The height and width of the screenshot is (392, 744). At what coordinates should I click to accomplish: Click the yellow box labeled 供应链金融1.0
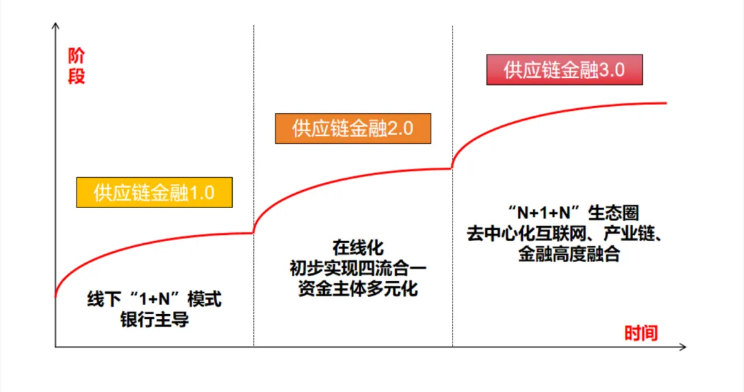(x=154, y=192)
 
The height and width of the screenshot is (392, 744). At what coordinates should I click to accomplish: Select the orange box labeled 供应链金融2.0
(x=353, y=128)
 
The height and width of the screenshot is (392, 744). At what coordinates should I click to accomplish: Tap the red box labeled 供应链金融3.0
(x=564, y=70)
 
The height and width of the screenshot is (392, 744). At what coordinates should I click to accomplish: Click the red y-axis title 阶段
(x=76, y=67)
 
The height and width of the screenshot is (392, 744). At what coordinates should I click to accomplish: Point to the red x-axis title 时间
(x=641, y=333)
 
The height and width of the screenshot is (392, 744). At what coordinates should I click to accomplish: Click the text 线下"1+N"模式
(x=154, y=301)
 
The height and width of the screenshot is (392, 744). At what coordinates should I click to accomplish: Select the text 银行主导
(x=154, y=320)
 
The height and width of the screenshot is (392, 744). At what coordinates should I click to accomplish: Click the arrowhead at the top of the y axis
(x=55, y=25)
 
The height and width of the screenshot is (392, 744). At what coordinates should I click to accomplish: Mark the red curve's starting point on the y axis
(x=56, y=296)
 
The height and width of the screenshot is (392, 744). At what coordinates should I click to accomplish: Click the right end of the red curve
(x=666, y=103)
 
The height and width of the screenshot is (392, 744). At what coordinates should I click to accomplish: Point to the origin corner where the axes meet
(x=55, y=347)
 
